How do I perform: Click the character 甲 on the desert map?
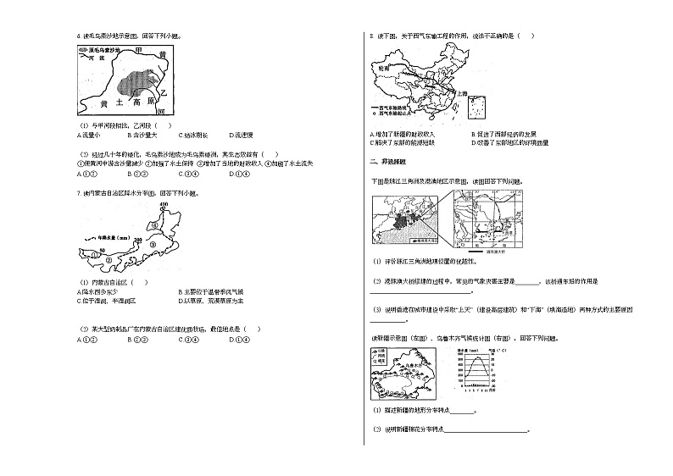(138, 53)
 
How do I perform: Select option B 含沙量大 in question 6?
(140, 136)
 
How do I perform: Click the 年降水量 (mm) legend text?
(109, 238)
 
